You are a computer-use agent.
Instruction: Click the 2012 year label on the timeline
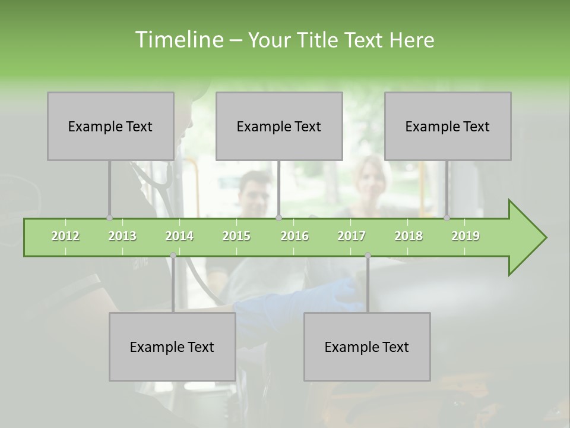click(x=65, y=236)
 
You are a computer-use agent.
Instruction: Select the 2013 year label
click(x=122, y=236)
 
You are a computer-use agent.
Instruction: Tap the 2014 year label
click(x=179, y=236)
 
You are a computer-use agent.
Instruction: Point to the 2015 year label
click(x=236, y=236)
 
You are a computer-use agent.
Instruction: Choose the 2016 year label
click(x=294, y=236)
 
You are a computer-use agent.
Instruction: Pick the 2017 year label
click(x=351, y=236)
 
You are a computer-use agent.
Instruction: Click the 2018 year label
click(x=408, y=236)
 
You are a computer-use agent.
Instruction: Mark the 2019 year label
click(x=465, y=236)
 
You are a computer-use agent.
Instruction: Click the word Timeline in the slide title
click(x=179, y=40)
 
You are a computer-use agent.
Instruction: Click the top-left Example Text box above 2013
click(x=110, y=126)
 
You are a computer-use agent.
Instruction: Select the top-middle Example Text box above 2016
click(x=279, y=126)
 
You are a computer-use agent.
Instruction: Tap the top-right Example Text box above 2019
click(x=448, y=126)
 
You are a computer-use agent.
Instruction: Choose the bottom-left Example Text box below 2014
click(x=172, y=347)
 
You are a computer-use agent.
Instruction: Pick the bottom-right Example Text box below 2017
click(x=367, y=347)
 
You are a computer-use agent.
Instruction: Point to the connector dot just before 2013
click(x=109, y=218)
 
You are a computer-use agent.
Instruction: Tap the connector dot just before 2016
click(x=278, y=218)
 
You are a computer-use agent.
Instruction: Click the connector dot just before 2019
click(x=447, y=218)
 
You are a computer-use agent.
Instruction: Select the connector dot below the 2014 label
click(x=173, y=256)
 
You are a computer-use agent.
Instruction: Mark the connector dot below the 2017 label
click(x=368, y=256)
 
